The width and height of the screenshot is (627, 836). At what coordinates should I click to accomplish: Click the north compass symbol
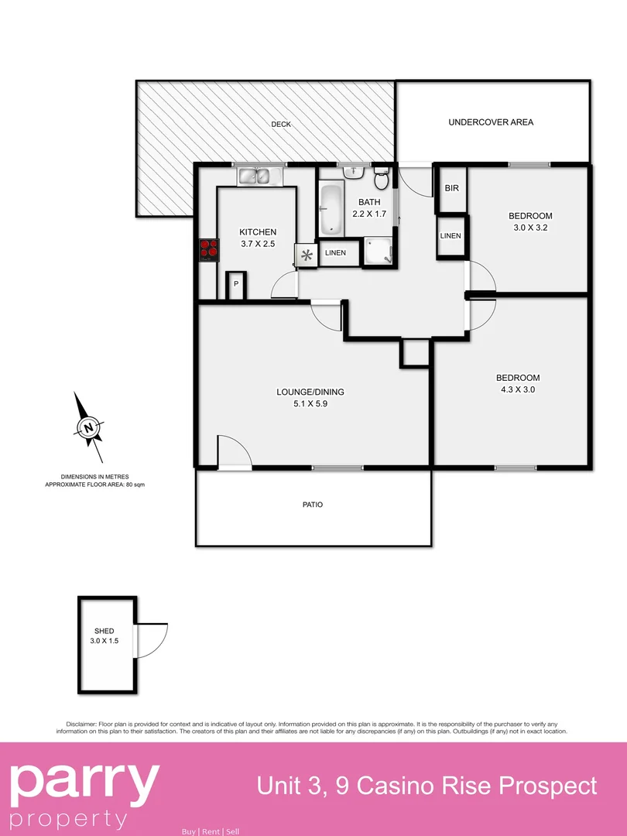pos(90,427)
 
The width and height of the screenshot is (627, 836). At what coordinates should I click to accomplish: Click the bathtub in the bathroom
pos(331,209)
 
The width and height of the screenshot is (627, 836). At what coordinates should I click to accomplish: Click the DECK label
pos(280,125)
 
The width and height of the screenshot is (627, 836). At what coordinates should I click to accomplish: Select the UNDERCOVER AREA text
pos(491,122)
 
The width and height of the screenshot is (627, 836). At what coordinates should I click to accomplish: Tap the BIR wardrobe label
pos(451,189)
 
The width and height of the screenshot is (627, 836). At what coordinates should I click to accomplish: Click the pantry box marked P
pos(235,286)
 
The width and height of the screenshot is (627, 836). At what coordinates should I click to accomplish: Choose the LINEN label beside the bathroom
pos(335,253)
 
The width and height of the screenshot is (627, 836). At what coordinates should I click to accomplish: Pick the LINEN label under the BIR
pos(451,236)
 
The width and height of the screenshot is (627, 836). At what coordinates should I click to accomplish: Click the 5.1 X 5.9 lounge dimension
pos(310,403)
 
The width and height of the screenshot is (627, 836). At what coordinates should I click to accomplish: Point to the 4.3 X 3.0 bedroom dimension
pos(517,390)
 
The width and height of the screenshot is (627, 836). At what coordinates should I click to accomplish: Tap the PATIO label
pos(313,505)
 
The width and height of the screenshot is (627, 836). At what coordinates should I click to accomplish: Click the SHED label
pos(104,631)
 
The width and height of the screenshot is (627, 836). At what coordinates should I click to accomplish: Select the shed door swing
pos(151,640)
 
